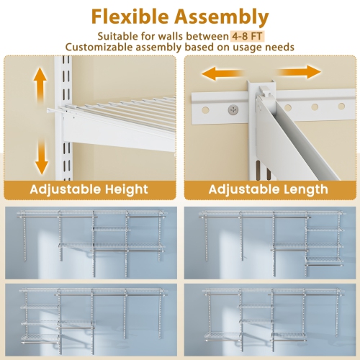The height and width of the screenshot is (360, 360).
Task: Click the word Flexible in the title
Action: tap(132, 16)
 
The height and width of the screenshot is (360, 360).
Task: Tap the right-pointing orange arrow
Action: tap(304, 73)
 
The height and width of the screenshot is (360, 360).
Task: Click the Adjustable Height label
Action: tap(89, 189)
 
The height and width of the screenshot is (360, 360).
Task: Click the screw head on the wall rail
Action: tap(233, 109)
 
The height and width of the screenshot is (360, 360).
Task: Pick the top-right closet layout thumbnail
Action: tap(269, 242)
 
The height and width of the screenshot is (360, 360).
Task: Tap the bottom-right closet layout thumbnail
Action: tap(269, 317)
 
